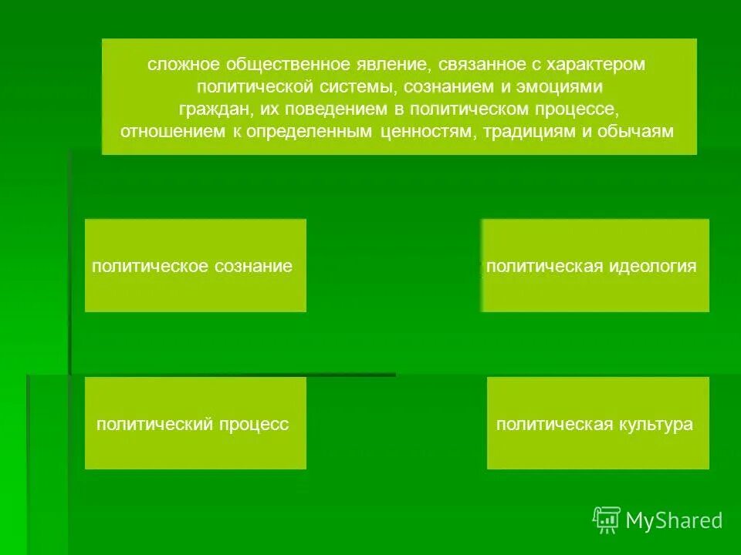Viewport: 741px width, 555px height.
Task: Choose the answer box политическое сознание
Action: (x=195, y=266)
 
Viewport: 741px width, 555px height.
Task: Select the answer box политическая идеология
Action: (x=594, y=266)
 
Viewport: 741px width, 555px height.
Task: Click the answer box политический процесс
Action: (x=195, y=423)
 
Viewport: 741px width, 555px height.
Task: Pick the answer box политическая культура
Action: (x=597, y=423)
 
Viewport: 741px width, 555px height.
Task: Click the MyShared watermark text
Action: (x=674, y=521)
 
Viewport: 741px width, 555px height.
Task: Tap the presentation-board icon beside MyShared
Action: (x=607, y=520)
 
